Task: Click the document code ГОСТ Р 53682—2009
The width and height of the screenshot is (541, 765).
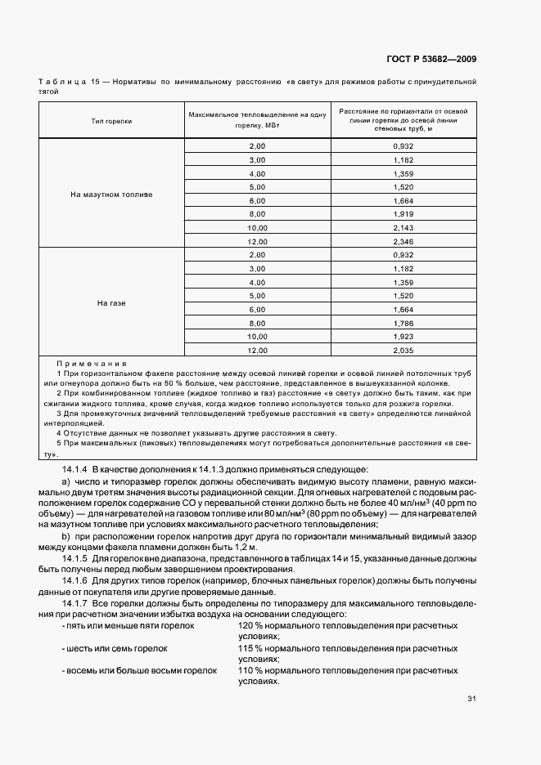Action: point(431,59)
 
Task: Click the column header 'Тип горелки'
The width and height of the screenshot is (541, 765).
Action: point(111,120)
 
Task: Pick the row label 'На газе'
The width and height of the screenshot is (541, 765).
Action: point(111,303)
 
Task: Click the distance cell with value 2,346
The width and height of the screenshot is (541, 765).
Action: point(403,242)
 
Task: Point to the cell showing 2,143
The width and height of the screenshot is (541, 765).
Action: point(403,227)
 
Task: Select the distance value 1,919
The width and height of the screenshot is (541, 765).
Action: point(403,214)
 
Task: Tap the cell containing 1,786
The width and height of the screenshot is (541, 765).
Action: point(403,323)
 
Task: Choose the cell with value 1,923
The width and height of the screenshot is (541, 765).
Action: point(403,336)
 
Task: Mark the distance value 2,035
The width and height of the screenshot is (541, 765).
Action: point(403,350)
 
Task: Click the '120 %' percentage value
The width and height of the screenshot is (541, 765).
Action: point(250,625)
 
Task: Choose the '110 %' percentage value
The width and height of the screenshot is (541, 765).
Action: point(250,669)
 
